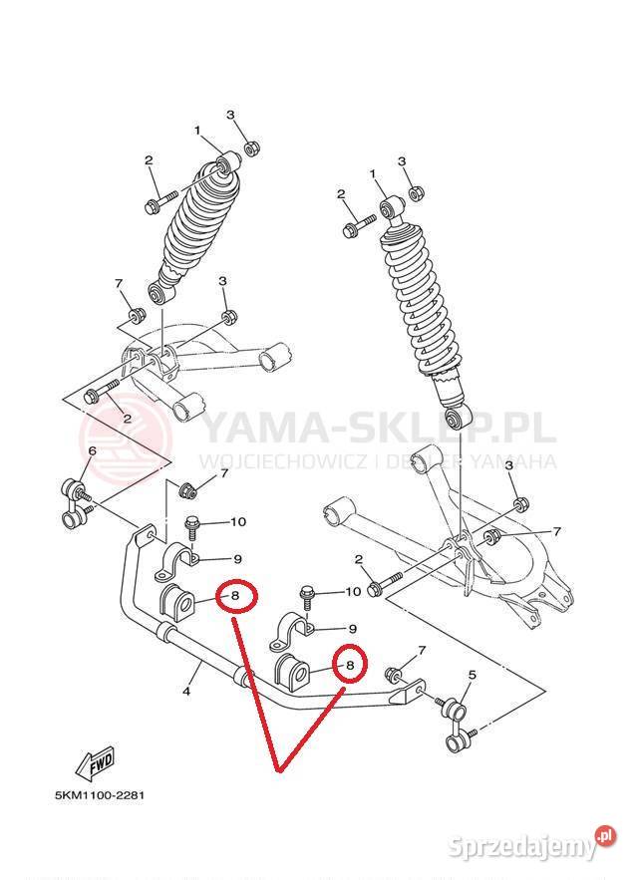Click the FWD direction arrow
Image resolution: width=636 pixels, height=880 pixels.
(96, 763)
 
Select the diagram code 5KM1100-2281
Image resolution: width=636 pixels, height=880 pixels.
(100, 795)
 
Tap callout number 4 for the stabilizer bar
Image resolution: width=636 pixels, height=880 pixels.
(186, 691)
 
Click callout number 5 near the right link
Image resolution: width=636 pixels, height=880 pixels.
(473, 674)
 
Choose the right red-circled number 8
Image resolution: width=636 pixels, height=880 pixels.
(350, 665)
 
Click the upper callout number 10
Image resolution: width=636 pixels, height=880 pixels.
(238, 522)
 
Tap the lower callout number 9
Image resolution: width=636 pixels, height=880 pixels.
(353, 629)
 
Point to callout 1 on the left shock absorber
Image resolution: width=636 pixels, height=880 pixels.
(197, 131)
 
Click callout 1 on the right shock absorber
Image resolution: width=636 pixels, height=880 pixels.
(373, 174)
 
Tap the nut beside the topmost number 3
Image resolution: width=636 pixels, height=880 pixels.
(251, 147)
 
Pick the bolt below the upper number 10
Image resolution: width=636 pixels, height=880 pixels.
(190, 527)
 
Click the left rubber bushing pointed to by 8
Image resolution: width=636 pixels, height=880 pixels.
(176, 603)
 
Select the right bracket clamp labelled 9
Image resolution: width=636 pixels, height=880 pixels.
(294, 633)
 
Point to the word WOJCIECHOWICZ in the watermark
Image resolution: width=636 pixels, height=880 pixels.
(283, 461)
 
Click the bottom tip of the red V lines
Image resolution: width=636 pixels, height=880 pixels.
(278, 770)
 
